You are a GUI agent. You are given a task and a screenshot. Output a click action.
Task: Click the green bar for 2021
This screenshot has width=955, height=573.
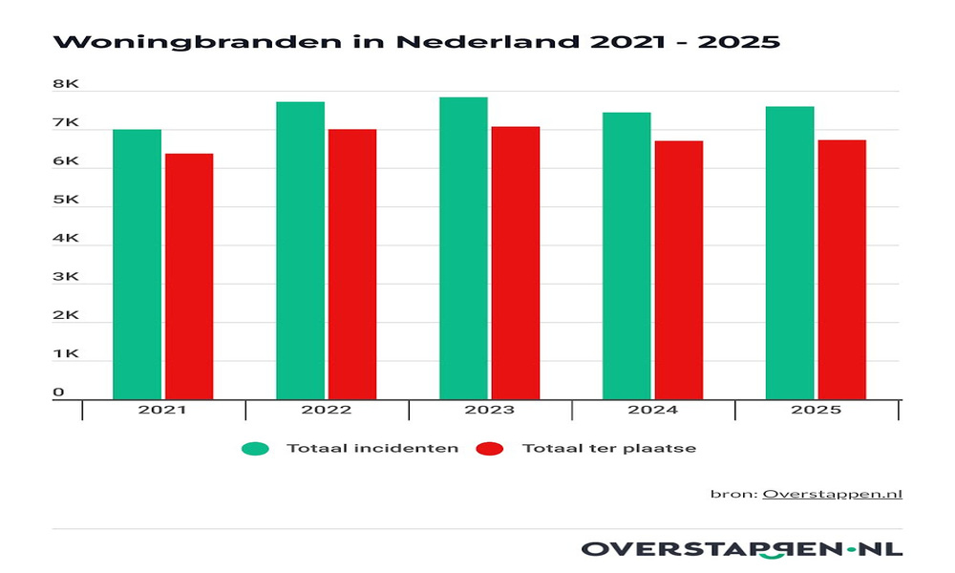pos(137,265)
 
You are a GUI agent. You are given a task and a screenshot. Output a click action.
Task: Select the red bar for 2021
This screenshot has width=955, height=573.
pos(189,276)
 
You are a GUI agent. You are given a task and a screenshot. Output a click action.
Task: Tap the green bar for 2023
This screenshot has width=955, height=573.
pos(463,248)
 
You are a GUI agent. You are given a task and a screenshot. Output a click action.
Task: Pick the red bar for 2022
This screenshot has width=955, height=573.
pos(352,265)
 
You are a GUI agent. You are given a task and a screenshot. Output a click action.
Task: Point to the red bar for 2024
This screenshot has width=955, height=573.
pos(679,270)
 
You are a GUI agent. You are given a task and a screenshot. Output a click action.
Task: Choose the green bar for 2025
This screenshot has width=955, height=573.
pos(790,253)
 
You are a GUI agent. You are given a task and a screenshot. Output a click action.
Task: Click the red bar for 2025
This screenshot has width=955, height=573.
pos(842,269)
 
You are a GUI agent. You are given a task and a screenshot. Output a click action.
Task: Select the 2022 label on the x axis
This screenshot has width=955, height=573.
pos(326,411)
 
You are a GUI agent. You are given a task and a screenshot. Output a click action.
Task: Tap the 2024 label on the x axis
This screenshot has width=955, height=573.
pos(652,411)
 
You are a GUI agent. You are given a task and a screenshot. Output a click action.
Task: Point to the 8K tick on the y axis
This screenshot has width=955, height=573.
pos(65,84)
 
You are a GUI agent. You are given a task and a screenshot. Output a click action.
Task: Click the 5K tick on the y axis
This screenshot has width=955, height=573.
pos(65,201)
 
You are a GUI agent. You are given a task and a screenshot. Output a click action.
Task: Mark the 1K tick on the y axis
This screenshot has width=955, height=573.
pos(65,354)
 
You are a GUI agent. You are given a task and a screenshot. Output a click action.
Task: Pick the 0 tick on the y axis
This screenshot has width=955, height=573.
pos(58,393)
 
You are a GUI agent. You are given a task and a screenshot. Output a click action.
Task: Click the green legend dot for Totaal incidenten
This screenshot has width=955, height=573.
pos(255,448)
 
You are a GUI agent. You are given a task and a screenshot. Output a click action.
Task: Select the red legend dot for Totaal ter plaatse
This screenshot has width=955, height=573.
pos(491,448)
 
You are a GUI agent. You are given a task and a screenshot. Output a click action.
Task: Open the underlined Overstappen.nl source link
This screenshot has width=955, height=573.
pos(832,494)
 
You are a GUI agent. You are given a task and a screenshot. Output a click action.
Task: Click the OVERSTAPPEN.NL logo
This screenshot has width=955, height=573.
pos(741,548)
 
